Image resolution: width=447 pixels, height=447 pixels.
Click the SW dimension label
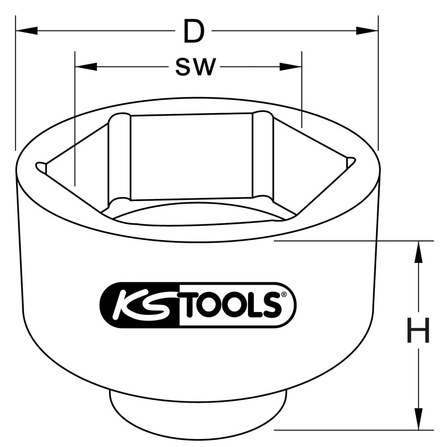pos(195,67)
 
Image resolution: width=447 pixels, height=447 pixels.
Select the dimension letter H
pos(418,330)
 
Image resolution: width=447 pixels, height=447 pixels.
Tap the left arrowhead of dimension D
pos(26,31)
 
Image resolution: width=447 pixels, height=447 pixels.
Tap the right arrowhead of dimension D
pos(367,31)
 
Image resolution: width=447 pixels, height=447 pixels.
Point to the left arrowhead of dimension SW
pos(86,67)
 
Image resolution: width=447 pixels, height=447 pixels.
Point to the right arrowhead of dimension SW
pos(291,67)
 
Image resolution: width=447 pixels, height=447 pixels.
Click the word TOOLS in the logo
pos(230,305)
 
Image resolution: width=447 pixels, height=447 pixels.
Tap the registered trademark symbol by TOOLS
pos(283,295)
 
